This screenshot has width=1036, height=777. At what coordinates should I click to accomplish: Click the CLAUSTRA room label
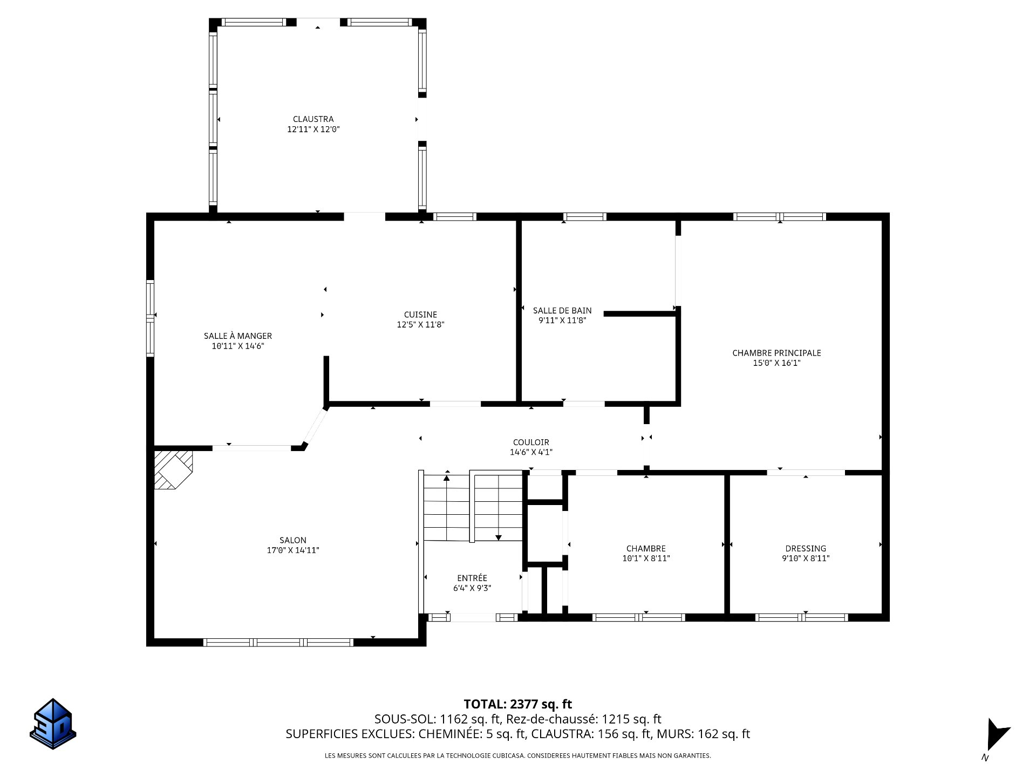tap(313, 119)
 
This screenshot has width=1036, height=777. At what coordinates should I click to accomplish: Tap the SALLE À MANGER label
tap(237, 336)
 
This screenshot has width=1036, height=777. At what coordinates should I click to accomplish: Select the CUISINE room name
tap(420, 315)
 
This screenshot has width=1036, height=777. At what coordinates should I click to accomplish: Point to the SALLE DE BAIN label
tap(562, 311)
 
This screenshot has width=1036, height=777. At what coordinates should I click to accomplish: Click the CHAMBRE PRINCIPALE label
tap(776, 353)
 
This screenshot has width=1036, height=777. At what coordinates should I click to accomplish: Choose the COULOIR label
tap(531, 442)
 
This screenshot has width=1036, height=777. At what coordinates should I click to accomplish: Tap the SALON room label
tap(293, 540)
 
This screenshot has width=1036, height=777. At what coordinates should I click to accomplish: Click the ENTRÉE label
tap(472, 578)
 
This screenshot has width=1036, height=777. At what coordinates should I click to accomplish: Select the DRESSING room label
tap(806, 549)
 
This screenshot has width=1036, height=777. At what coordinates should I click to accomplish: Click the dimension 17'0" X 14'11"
tap(293, 550)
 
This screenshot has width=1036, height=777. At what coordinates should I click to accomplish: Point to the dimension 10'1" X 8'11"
tap(646, 559)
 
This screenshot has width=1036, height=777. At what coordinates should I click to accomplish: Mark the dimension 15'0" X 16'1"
tap(776, 363)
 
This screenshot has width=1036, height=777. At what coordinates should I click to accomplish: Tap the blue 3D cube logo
tap(53, 724)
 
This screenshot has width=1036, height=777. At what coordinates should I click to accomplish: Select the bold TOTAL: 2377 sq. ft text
tap(518, 704)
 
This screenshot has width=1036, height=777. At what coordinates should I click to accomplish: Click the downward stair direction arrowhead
tap(499, 537)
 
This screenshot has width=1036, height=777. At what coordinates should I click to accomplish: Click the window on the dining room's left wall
tap(151, 318)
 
